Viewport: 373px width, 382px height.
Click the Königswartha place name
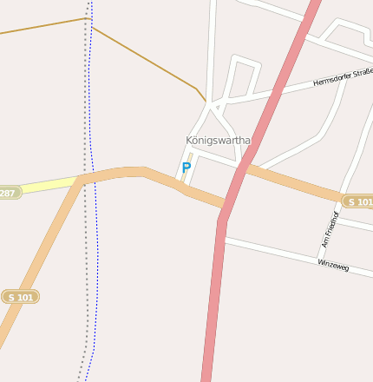coord(218,140)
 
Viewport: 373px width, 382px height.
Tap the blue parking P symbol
coord(186,168)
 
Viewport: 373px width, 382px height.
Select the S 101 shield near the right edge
coord(357,201)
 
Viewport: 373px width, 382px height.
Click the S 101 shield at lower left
coord(20,297)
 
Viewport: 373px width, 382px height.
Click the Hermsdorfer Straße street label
coord(343,79)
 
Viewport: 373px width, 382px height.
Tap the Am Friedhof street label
coord(330,229)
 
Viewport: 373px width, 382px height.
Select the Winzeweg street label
coord(333,266)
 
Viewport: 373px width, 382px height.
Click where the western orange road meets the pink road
coord(225,207)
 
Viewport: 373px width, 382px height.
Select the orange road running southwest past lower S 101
coord(39,260)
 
